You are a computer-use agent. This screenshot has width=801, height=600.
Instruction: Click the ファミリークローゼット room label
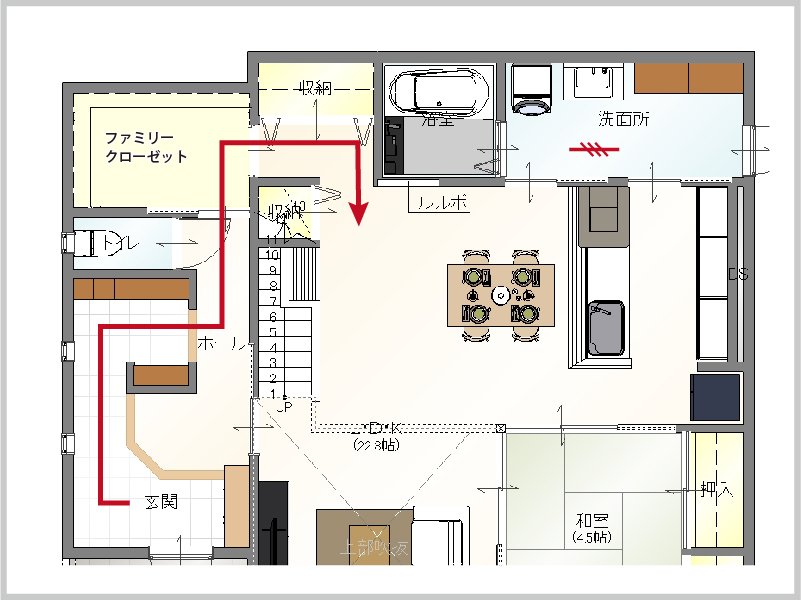146,147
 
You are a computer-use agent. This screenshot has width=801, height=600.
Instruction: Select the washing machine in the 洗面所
531,88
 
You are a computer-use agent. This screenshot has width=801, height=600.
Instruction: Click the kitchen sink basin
604,327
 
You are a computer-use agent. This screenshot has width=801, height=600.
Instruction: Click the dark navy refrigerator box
715,396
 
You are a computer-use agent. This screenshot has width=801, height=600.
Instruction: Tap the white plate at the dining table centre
501,294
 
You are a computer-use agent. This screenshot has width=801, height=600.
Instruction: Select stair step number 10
271,255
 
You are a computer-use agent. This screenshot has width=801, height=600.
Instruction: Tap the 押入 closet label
717,490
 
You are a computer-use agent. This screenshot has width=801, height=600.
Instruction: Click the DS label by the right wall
738,274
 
